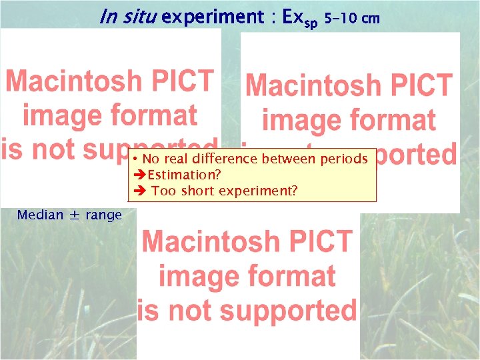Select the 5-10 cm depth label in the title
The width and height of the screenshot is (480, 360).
click(351, 18)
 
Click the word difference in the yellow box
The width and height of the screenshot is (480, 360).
click(225, 159)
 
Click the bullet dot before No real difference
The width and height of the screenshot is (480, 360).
click(135, 159)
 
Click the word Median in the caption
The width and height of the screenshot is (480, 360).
click(40, 215)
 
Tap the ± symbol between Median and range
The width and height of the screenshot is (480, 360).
click(75, 215)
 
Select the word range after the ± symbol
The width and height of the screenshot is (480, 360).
click(103, 215)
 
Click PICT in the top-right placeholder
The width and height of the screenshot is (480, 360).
click(419, 86)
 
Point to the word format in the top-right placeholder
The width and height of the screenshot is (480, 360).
click(393, 121)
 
